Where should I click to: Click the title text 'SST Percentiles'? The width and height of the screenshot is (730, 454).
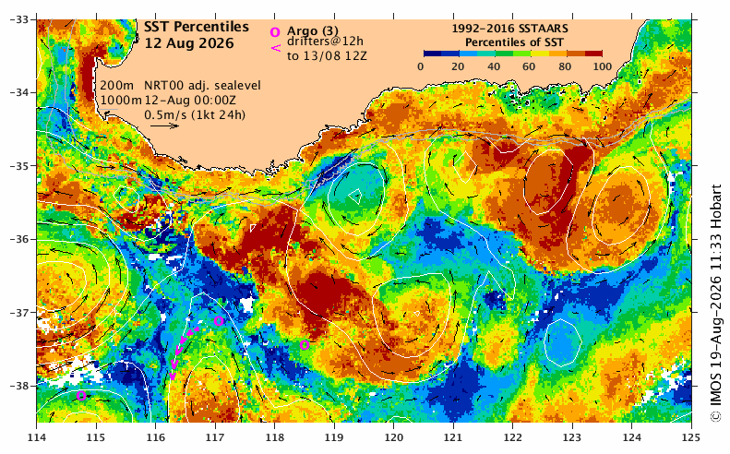[x=197, y=28]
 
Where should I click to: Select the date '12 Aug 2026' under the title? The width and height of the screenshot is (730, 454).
[x=189, y=43]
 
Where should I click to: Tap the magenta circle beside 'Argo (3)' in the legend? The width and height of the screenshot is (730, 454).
[x=275, y=32]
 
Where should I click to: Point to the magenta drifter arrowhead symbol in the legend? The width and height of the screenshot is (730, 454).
[x=276, y=47]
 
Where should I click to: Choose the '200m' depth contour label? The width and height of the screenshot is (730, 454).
[x=117, y=86]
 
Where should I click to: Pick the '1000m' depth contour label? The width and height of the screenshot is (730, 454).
[x=121, y=100]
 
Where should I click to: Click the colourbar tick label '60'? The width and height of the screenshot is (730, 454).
[x=529, y=66]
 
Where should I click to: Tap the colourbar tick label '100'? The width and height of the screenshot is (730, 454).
[x=603, y=66]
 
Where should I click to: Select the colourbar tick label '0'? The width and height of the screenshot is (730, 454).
[x=421, y=66]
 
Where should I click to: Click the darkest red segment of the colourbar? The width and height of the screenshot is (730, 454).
[x=593, y=54]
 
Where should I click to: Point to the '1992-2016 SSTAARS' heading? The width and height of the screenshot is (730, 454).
[x=509, y=29]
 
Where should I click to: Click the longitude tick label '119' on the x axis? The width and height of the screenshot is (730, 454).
[x=334, y=437]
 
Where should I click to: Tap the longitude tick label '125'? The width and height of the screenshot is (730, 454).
[x=691, y=437]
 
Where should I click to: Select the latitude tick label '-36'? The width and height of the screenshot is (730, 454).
[x=18, y=239]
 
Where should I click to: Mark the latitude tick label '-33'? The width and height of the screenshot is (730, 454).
[x=18, y=19]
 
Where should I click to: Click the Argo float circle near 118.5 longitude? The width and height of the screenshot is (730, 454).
[x=305, y=345]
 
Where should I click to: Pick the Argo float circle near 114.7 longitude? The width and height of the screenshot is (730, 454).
[x=81, y=396]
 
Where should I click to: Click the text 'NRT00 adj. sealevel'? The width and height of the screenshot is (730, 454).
[x=202, y=86]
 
